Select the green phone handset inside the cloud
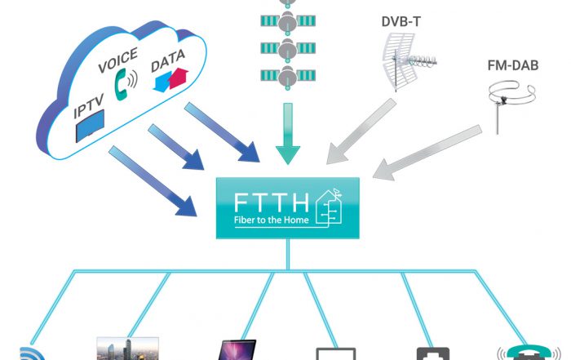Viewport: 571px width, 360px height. (x=125, y=83)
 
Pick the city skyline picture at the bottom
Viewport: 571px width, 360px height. (x=127, y=349)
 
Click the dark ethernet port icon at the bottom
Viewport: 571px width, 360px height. (x=432, y=353)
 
